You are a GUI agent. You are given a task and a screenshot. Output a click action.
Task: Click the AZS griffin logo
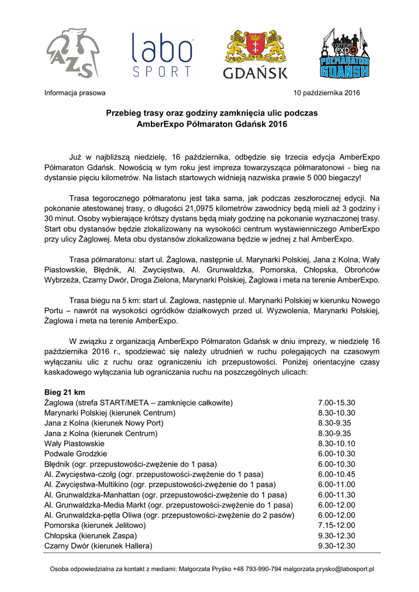[x=69, y=54]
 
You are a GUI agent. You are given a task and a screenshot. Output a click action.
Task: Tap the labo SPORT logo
[x=162, y=55]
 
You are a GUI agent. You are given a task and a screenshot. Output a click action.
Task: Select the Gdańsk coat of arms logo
[x=255, y=54]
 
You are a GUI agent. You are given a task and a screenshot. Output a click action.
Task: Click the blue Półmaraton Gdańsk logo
[x=345, y=53]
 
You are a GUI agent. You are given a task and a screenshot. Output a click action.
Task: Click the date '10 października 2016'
[x=327, y=92]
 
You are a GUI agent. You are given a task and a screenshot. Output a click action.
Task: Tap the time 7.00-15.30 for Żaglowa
[x=336, y=403]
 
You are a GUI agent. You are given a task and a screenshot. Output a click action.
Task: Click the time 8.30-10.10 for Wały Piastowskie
[x=336, y=443]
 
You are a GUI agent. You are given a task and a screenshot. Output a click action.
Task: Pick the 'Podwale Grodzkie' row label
[x=76, y=454]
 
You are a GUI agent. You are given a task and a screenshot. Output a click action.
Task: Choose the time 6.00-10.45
[x=336, y=474]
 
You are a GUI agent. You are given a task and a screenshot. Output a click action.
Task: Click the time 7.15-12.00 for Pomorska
[x=336, y=526]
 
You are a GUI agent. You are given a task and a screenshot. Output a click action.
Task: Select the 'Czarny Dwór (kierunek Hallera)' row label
[x=98, y=546]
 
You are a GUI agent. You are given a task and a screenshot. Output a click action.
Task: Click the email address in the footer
[x=329, y=569]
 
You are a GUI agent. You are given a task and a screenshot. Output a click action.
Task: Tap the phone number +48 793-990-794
[x=257, y=569]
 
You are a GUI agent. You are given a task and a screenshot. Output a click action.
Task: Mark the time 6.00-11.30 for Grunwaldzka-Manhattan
[x=336, y=495]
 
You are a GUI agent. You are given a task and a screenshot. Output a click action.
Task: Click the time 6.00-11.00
[x=336, y=484]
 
